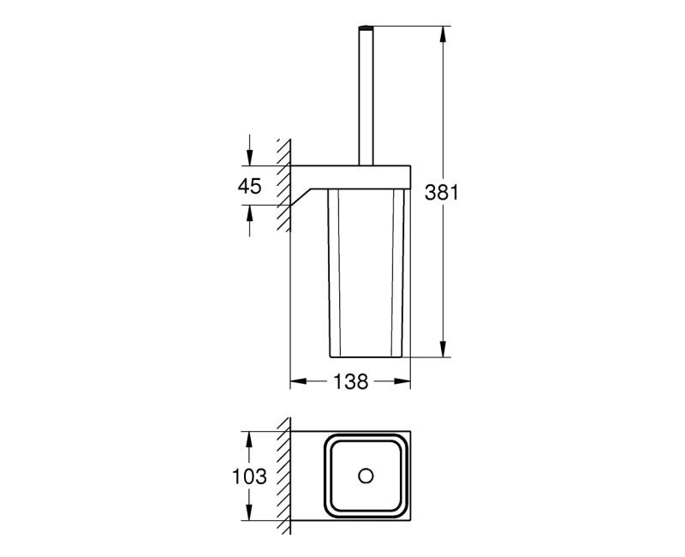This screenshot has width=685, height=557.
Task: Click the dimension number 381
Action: (443, 194)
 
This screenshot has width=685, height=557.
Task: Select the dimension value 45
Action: (249, 186)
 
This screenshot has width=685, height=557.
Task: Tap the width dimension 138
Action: (351, 382)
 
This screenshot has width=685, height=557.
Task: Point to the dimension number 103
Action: (249, 476)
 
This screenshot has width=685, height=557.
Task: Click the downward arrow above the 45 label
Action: (249, 155)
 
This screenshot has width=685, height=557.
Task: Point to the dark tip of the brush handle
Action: (366, 29)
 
